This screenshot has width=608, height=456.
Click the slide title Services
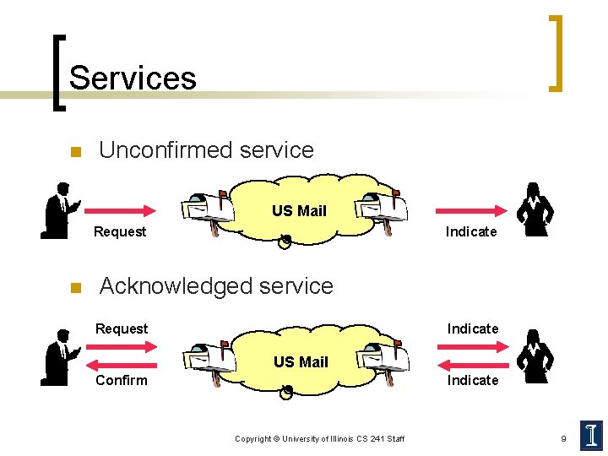click(133, 78)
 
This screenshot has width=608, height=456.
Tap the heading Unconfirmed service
click(206, 150)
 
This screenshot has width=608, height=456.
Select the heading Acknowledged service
click(216, 286)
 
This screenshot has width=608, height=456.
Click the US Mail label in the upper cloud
click(299, 211)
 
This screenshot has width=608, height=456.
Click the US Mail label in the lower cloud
click(301, 362)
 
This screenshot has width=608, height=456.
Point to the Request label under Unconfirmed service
click(120, 231)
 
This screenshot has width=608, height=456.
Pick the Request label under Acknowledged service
click(122, 328)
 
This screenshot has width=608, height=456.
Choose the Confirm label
click(122, 380)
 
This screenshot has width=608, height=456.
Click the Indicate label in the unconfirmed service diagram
click(471, 231)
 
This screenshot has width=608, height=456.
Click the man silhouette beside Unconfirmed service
click(60, 210)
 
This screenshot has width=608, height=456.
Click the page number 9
click(563, 438)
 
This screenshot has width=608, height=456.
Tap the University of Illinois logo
click(591, 435)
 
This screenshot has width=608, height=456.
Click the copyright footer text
click(319, 439)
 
